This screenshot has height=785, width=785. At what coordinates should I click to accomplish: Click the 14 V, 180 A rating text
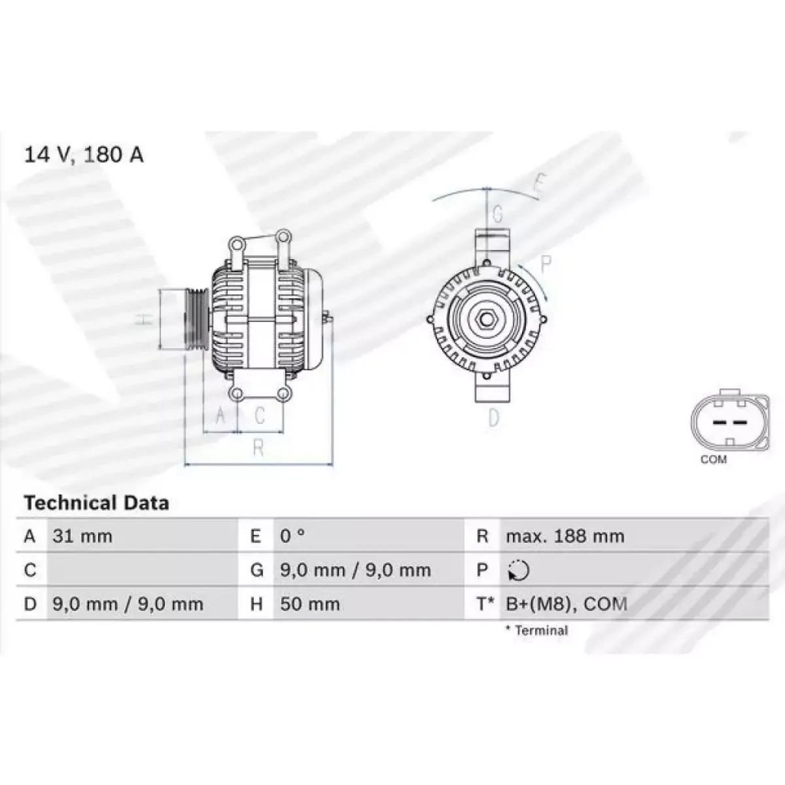click(x=84, y=155)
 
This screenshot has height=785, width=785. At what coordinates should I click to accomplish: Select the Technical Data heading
click(x=97, y=503)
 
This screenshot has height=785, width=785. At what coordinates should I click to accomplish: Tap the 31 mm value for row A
click(x=82, y=536)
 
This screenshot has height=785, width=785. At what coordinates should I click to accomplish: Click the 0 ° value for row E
click(x=292, y=536)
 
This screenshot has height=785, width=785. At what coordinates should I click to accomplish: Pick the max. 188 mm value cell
click(x=565, y=536)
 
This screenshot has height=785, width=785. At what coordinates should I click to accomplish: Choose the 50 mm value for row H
click(x=309, y=604)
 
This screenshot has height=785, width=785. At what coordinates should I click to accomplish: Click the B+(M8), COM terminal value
click(x=567, y=604)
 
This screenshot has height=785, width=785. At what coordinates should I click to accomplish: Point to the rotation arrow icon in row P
click(x=519, y=570)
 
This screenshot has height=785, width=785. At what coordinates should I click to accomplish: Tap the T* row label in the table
click(x=485, y=604)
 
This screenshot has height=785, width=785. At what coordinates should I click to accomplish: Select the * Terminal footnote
click(x=536, y=631)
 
